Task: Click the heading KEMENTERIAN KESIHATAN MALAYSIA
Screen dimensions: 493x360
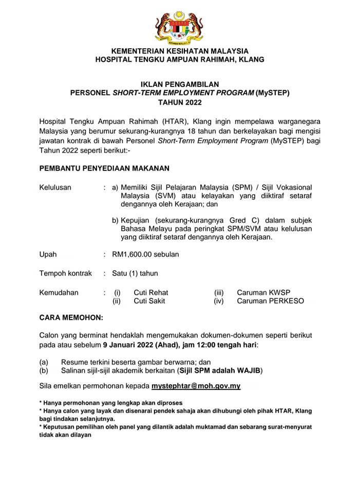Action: pos(180,51)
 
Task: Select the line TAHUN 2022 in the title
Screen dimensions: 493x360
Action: pos(180,102)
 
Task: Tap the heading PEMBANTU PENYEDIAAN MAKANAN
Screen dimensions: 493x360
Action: pos(104,168)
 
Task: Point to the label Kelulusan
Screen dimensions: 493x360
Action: pos(55,187)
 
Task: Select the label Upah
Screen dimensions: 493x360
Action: pos(48,254)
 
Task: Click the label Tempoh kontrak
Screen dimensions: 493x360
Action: pos(65,273)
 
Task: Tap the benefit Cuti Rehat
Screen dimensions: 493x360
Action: pos(151,293)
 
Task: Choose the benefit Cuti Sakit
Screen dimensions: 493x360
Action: pos(149,301)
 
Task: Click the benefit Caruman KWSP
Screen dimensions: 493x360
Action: pos(263,293)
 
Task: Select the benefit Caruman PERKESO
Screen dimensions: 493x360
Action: pos(270,301)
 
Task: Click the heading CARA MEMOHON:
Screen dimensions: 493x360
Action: pos(71,317)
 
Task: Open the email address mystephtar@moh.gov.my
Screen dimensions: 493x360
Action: pos(196,386)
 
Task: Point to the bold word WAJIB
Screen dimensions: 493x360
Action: pos(252,370)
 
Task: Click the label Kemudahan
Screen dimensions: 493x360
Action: pos(59,293)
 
